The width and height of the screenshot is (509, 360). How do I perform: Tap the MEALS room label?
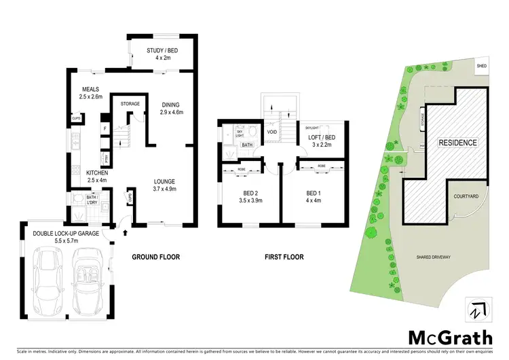point(90,90)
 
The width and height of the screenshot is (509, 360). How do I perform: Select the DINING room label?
point(170,104)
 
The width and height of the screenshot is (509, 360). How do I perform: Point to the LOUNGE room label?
point(164,181)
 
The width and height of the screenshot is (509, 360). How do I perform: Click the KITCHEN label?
point(98,173)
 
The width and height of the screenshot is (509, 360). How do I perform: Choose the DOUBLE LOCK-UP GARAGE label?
point(66,234)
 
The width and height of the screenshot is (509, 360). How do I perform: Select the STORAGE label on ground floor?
point(130,104)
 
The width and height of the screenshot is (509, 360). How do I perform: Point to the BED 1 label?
point(313,193)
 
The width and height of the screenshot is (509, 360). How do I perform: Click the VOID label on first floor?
point(272,132)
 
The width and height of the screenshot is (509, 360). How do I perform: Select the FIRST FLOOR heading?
point(284,257)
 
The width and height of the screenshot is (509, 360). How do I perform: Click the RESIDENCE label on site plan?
point(457,143)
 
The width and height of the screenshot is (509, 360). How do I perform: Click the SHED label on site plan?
point(482,66)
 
